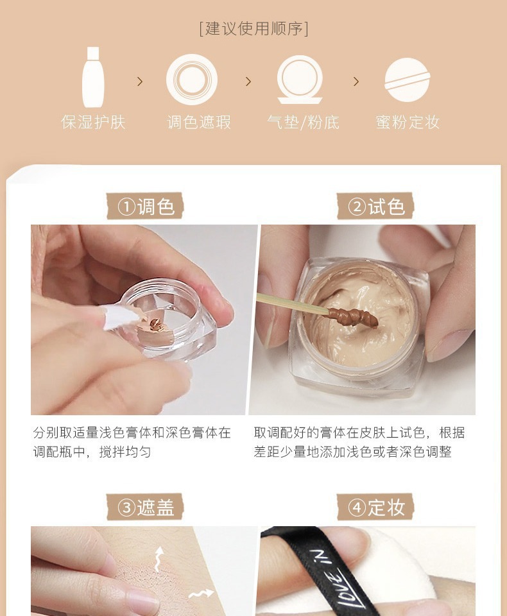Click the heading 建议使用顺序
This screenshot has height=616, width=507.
(x=253, y=29)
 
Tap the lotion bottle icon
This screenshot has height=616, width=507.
(x=93, y=78)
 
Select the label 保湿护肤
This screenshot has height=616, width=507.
(x=93, y=122)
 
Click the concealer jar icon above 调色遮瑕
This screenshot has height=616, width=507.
(x=192, y=80)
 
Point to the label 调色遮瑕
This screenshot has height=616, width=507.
(x=199, y=122)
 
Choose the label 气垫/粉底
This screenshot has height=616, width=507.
(x=303, y=122)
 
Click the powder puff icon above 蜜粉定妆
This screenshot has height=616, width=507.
(x=407, y=80)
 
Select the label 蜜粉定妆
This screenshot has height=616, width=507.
(x=408, y=122)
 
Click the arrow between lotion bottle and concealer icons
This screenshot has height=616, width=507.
(x=139, y=81)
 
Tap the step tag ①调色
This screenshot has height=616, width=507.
(x=145, y=206)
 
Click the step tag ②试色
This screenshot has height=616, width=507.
(x=375, y=206)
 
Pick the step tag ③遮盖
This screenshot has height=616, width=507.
(x=145, y=507)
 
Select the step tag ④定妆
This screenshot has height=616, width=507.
(x=375, y=507)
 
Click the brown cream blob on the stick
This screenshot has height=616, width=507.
(x=353, y=318)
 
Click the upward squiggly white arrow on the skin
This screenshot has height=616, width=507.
(x=159, y=558)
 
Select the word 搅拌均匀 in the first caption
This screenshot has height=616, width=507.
(x=125, y=452)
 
